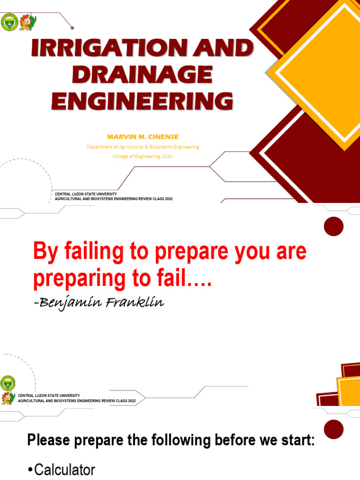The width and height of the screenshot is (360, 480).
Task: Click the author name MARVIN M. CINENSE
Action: (143, 136)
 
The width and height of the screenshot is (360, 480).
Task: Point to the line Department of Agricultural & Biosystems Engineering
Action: (143, 147)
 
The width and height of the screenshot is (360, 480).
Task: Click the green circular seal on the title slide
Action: (9, 22)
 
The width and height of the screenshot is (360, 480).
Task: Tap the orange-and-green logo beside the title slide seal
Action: (27, 22)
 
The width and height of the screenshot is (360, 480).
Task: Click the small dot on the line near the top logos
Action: (72, 27)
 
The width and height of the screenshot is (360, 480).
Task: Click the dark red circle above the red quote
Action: (334, 226)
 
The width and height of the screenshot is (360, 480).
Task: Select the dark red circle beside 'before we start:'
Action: (334, 429)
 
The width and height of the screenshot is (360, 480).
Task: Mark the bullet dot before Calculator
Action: (30, 470)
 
